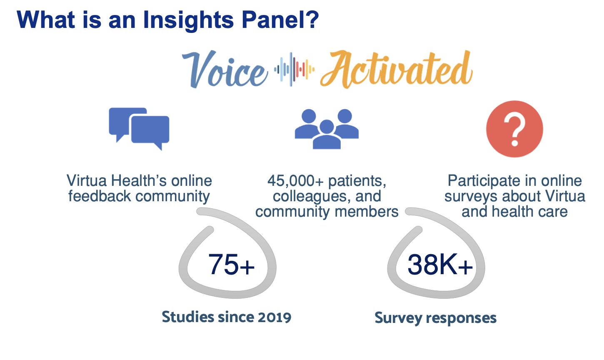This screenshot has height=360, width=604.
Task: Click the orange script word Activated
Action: pyautogui.click(x=396, y=70)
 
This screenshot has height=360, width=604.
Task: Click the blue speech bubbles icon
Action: pyautogui.click(x=139, y=128)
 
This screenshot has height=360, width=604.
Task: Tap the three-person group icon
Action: pyautogui.click(x=327, y=129)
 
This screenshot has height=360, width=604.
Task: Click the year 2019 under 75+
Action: pyautogui.click(x=274, y=317)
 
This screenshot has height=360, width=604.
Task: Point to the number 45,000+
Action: pyautogui.click(x=295, y=181)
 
